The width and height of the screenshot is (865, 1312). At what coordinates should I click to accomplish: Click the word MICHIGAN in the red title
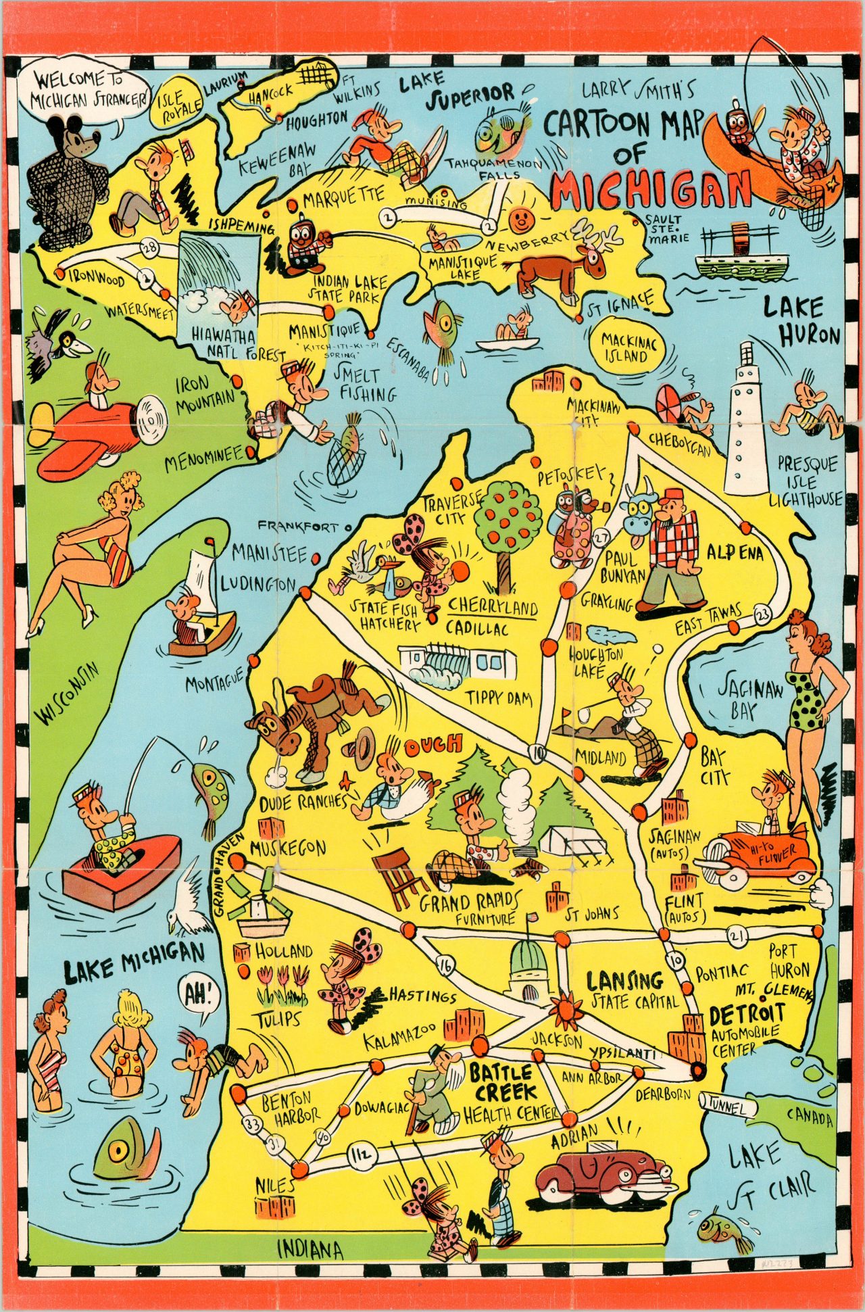click(651, 189)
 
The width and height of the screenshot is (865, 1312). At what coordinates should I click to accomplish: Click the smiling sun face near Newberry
click(520, 218)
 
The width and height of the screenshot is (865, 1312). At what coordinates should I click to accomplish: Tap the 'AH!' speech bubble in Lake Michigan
click(199, 994)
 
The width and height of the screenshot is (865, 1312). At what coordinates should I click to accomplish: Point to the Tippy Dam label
click(499, 698)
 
